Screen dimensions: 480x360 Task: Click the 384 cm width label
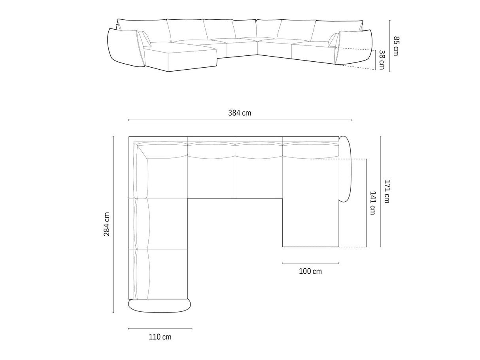pos(240,113)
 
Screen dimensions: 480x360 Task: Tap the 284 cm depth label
pos(106,224)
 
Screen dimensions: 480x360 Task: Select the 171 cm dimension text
pos(387,191)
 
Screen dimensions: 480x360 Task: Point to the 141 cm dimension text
pos(372,203)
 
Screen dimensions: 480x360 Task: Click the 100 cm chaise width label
pos(310,271)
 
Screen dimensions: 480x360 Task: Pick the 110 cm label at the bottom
pos(160,337)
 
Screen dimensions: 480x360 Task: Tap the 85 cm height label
pos(396,46)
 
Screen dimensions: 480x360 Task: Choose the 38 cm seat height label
pos(382,60)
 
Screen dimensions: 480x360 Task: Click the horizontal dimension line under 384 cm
pos(240,120)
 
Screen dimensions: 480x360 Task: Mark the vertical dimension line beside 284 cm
pos(113,224)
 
